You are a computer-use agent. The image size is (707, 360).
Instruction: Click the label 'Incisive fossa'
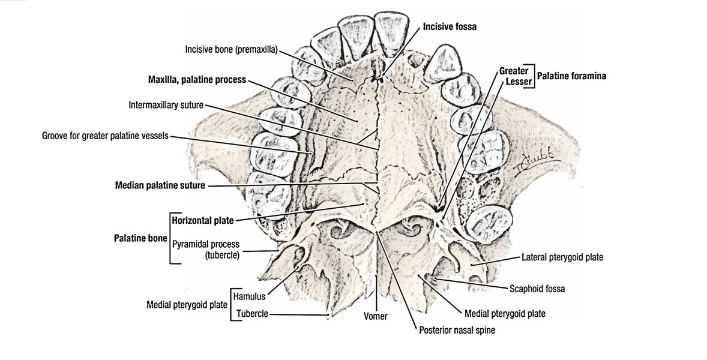pos(450,26)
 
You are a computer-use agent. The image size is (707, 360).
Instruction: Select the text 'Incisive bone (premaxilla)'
pos(231,49)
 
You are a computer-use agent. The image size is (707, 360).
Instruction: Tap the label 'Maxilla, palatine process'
pos(197,80)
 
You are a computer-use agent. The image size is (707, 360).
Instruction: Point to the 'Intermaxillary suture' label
pos(166,105)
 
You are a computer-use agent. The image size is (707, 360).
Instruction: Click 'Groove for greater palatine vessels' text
pos(105,136)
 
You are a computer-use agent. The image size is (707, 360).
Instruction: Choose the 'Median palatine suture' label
pos(160,185)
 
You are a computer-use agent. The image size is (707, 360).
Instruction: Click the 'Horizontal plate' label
pos(202,220)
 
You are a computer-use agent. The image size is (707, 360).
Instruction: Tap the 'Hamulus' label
pos(249,296)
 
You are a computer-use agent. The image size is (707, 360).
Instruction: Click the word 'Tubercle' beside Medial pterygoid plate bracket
pos(253,314)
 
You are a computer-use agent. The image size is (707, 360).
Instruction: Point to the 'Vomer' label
pos(376,316)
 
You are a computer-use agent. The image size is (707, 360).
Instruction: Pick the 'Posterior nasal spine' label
pos(457,330)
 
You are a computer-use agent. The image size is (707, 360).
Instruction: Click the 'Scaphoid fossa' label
pos(537,289)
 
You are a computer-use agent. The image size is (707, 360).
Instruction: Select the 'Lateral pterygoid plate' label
pos(562,257)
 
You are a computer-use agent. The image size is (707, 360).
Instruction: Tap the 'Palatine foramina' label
pos(571,76)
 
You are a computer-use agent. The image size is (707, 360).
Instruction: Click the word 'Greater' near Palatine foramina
pos(514,71)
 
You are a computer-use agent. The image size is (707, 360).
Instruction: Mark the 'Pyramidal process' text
pos(206,244)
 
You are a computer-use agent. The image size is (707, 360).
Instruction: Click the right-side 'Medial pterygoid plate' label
pos(505,314)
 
